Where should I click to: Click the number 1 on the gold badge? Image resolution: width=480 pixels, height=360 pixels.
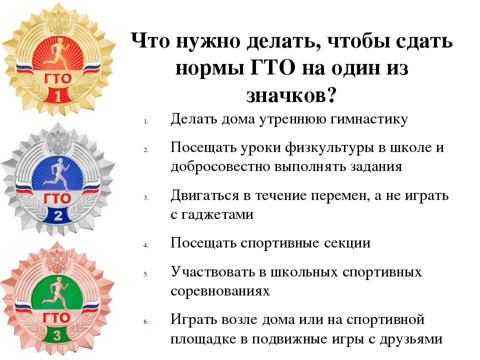58,96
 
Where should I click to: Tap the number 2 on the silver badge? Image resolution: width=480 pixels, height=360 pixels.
58,216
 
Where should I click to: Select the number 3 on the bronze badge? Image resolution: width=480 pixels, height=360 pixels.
57,335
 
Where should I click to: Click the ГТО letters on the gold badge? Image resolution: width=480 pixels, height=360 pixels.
58,79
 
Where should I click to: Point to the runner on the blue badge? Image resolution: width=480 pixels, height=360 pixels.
56,173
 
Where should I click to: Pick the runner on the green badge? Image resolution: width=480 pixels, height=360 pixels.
55,293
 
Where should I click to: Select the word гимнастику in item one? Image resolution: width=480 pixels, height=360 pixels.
368,119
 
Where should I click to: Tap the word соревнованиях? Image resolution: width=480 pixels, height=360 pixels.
220,291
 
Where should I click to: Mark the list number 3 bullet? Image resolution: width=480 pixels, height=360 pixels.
146,198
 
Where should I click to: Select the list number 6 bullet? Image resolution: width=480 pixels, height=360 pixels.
146,321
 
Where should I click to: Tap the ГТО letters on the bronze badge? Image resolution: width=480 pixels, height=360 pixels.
56,318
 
